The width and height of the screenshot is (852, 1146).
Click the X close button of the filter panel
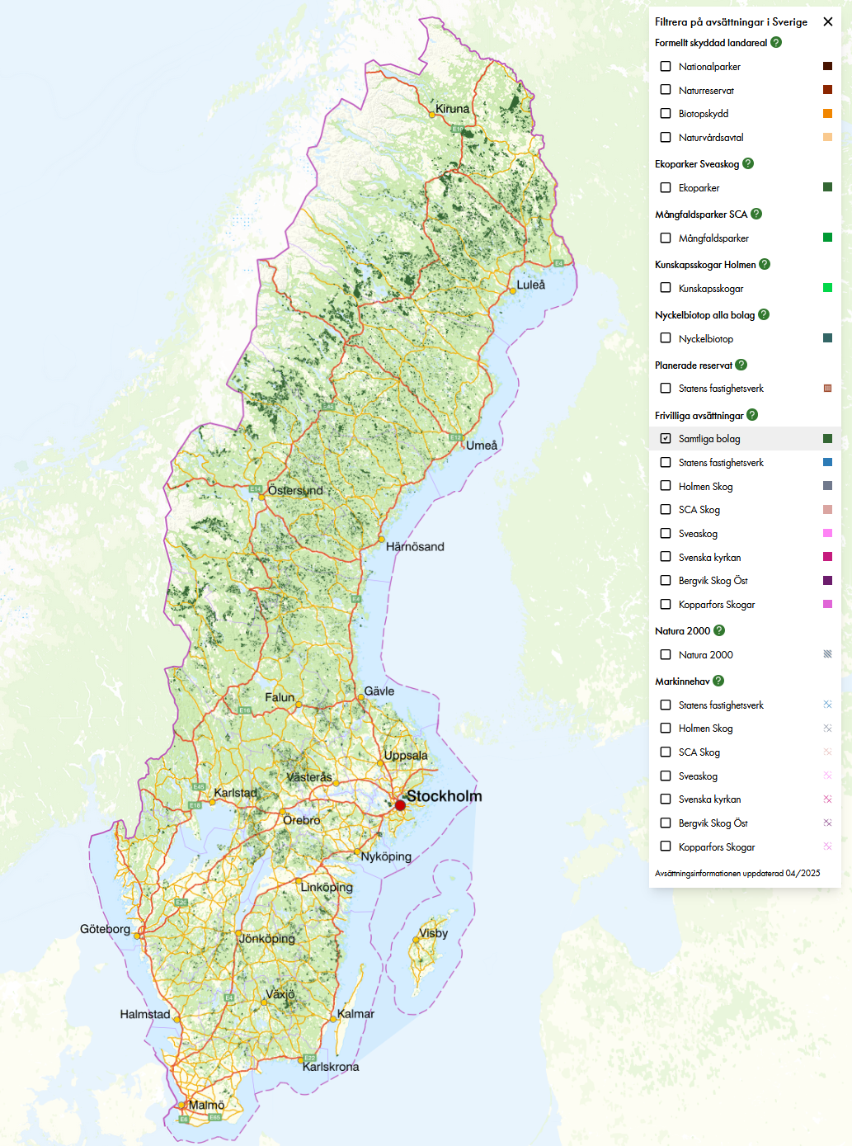click(x=828, y=22)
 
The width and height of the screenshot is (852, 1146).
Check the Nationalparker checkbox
click(x=666, y=66)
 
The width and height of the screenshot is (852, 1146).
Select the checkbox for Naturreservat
click(x=666, y=90)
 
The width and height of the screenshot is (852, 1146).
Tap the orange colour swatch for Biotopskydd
click(x=827, y=114)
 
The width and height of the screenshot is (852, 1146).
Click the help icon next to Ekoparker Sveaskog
click(x=748, y=163)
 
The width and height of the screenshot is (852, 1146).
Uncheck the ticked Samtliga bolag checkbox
click(x=666, y=439)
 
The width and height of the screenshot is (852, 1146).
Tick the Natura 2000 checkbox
click(x=666, y=654)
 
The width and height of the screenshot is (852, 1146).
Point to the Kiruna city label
click(x=452, y=109)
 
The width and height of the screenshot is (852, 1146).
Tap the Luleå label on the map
click(x=530, y=285)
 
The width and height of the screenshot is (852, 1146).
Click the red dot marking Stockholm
click(x=400, y=804)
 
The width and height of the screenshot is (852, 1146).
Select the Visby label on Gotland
click(x=433, y=933)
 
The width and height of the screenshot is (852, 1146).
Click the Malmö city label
click(x=206, y=1105)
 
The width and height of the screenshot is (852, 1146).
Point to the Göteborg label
click(x=105, y=929)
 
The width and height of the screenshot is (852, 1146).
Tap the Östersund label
click(x=295, y=490)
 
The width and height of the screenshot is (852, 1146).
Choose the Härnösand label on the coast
click(x=415, y=546)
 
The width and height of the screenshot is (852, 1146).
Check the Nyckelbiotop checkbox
click(x=666, y=338)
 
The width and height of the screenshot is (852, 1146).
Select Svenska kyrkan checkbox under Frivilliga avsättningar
click(x=666, y=557)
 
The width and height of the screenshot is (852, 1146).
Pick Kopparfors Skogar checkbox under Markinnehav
click(x=666, y=847)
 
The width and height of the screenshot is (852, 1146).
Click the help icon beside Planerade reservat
click(x=741, y=365)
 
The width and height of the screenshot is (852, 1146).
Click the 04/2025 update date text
click(x=803, y=873)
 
